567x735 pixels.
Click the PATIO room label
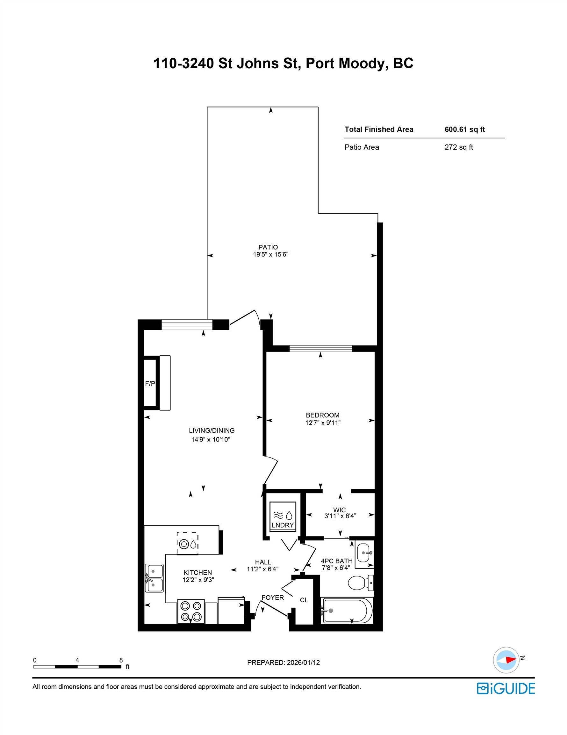(268, 247)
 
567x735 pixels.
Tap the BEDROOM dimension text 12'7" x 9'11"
(323, 423)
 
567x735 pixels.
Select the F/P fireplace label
(150, 383)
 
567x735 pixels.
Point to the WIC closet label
(340, 510)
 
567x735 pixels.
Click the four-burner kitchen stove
(191, 611)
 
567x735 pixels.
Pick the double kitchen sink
(154, 578)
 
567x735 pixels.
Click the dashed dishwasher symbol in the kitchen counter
(187, 544)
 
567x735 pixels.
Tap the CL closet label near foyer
(304, 600)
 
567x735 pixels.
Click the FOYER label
(273, 598)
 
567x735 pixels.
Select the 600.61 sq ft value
(464, 130)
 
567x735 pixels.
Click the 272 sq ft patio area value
(458, 147)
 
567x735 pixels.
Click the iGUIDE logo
(506, 688)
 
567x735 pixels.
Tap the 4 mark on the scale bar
(77, 660)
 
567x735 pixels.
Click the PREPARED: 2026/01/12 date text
(283, 662)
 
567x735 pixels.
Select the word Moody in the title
(361, 63)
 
